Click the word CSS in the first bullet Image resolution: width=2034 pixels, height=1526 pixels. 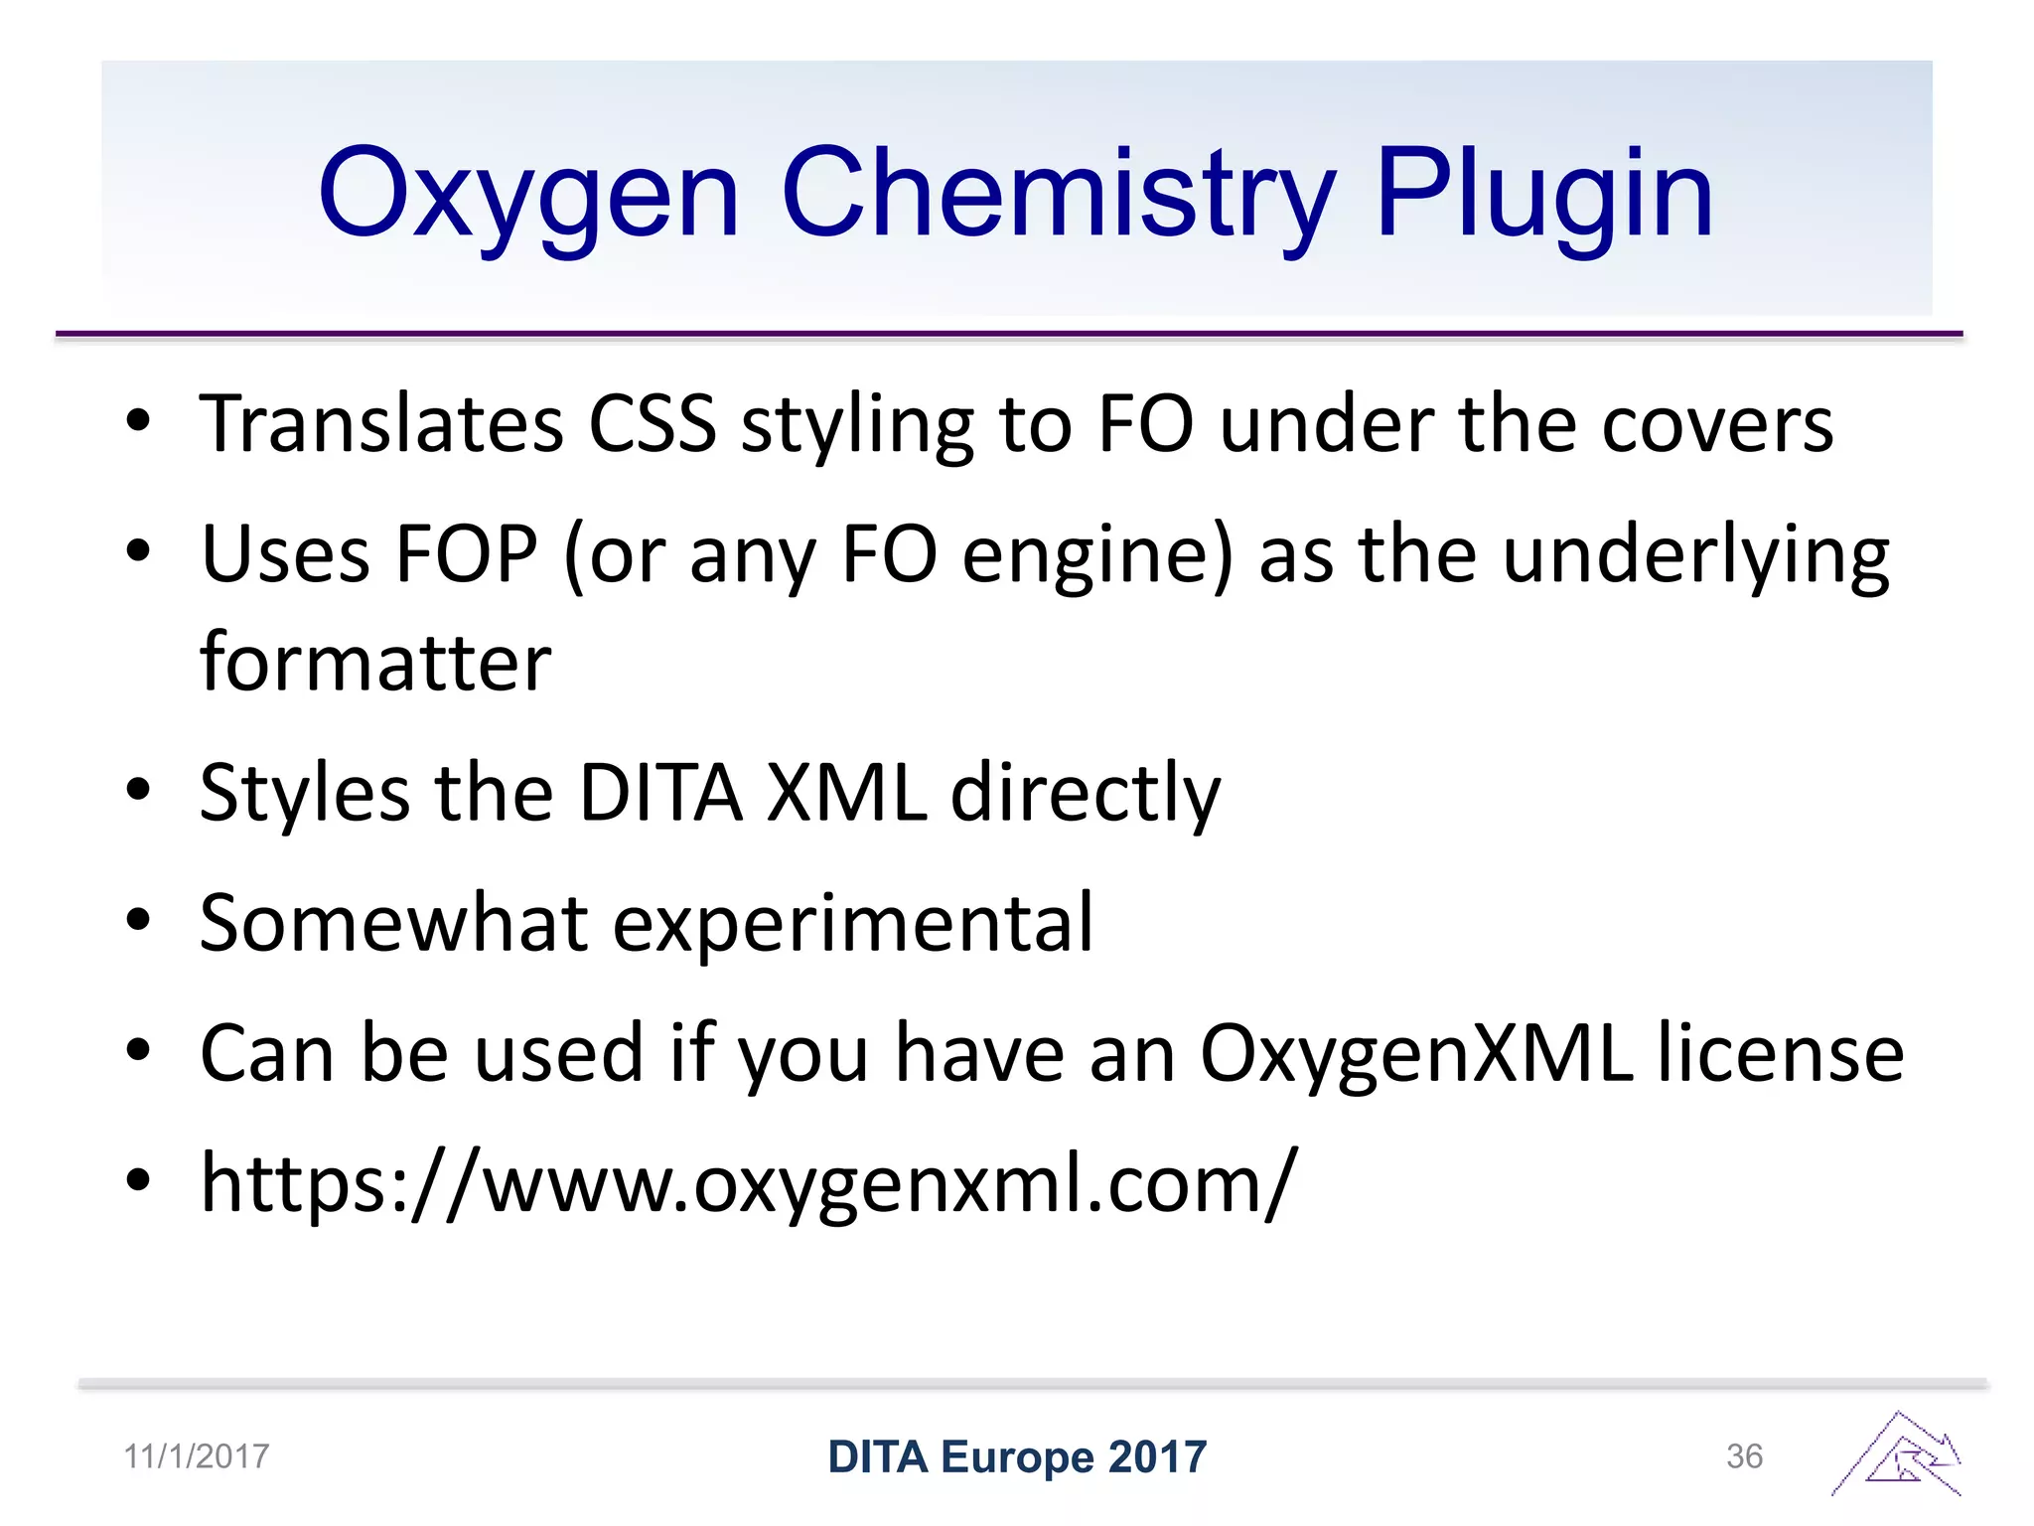pos(653,424)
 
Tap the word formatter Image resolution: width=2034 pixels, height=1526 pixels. pos(375,663)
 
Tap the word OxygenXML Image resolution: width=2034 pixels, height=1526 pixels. pos(1416,1054)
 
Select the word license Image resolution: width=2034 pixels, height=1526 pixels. pos(1781,1054)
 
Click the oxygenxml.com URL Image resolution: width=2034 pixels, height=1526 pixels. pos(748,1184)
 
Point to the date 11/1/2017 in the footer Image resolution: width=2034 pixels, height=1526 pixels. pos(197,1456)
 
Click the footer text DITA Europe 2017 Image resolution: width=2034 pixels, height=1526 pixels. pos(1017,1456)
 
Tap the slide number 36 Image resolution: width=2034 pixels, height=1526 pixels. pos(1744,1456)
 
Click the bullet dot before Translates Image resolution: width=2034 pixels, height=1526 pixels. pos(138,421)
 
